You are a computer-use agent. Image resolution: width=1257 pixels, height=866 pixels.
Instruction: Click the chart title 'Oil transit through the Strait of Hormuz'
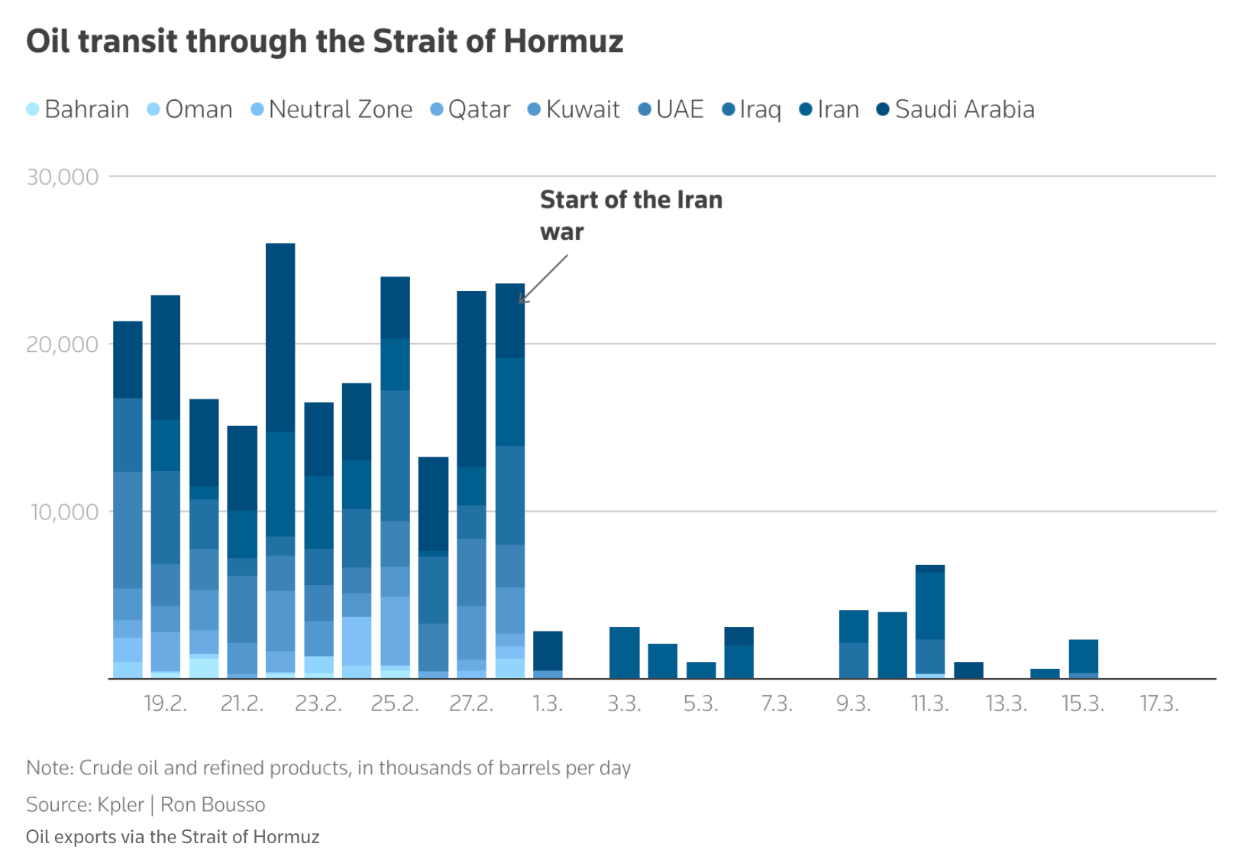pyautogui.click(x=325, y=41)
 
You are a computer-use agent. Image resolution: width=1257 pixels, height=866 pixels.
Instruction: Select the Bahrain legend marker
pyautogui.click(x=33, y=109)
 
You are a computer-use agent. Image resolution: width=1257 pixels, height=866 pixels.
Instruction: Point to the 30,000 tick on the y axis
pyautogui.click(x=63, y=177)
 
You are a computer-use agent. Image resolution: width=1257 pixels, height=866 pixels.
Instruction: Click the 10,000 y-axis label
pyautogui.click(x=64, y=512)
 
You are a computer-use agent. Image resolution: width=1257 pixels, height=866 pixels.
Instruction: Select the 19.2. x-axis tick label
pyautogui.click(x=166, y=703)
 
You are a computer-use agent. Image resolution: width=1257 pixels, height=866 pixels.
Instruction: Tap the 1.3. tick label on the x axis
pyautogui.click(x=548, y=703)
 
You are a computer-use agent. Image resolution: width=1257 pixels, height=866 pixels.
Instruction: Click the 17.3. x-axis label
pyautogui.click(x=1159, y=703)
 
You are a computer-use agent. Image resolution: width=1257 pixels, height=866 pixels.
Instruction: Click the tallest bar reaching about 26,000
pyautogui.click(x=280, y=458)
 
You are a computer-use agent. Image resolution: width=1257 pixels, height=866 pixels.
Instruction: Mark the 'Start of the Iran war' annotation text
pyautogui.click(x=630, y=215)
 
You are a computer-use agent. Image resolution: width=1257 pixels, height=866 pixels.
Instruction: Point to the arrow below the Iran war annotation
pyautogui.click(x=544, y=279)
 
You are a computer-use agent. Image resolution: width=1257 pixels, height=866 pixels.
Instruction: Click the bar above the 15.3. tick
pyautogui.click(x=1083, y=658)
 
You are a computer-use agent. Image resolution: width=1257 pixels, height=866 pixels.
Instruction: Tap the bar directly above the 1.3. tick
pyautogui.click(x=548, y=654)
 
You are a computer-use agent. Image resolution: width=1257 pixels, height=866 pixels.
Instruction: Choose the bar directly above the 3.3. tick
pyautogui.click(x=624, y=652)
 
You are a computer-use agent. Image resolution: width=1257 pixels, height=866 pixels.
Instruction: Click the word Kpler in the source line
pyautogui.click(x=121, y=804)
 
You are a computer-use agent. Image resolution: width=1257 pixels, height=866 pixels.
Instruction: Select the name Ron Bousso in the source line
pyautogui.click(x=212, y=804)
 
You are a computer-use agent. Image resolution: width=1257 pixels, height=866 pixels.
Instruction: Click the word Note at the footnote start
pyautogui.click(x=48, y=767)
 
